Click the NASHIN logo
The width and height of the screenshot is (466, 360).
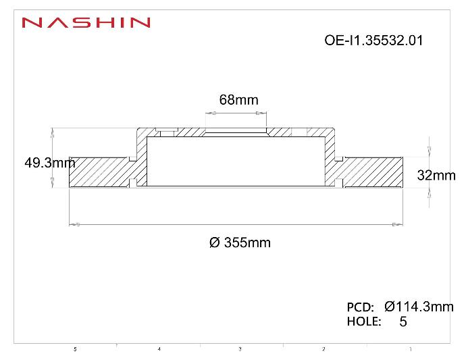tap(86, 23)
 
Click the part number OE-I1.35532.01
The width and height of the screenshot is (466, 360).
tap(374, 40)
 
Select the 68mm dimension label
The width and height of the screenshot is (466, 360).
tap(238, 100)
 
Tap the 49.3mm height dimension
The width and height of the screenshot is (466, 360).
tap(49, 163)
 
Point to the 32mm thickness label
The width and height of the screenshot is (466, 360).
tap(436, 176)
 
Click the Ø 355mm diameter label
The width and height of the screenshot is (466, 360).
tap(240, 242)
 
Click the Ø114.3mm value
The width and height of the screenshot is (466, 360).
tap(419, 307)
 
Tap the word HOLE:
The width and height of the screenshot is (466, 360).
tap(364, 322)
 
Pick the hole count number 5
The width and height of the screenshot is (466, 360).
tap(403, 322)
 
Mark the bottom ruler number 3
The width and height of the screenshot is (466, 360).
tap(240, 349)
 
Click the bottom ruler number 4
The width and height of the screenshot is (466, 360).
tap(159, 349)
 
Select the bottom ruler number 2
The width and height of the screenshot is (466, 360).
tap(323, 349)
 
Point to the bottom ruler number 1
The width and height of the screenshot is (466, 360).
tap(410, 349)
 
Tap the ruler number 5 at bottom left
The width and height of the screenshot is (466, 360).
tap(75, 349)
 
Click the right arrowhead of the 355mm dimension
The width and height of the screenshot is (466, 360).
tap(398, 224)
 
